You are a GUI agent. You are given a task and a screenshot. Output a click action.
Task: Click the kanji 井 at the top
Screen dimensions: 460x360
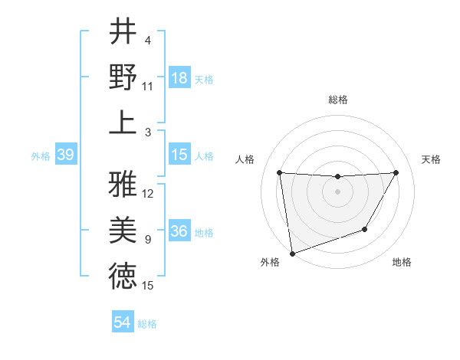[123, 32]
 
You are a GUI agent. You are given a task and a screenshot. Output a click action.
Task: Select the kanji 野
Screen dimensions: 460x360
[123, 77]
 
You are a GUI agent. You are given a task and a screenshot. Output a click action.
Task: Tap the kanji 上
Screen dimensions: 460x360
[123, 122]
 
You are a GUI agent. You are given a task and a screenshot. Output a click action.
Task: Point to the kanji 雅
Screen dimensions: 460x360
[123, 184]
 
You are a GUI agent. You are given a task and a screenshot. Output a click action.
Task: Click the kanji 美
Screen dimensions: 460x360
[123, 230]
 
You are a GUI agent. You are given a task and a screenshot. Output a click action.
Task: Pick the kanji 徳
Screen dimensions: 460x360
[123, 276]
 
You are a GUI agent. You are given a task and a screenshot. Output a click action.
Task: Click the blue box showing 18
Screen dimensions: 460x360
[179, 78]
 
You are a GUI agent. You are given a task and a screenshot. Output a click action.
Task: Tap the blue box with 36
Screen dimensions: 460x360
[179, 232]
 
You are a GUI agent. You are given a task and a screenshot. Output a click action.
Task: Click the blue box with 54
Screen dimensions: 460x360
[122, 322]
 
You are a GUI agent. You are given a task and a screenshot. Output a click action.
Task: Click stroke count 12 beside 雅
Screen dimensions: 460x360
[148, 194]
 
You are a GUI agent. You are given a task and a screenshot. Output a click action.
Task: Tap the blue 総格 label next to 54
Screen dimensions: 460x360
[147, 324]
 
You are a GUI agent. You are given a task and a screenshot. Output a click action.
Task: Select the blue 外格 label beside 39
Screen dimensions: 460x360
[41, 156]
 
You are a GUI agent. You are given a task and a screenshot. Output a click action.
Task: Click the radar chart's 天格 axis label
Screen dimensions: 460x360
[431, 159]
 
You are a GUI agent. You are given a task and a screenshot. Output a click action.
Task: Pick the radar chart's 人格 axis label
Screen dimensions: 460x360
[246, 159]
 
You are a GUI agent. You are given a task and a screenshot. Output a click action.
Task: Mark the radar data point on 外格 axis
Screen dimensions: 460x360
[292, 253]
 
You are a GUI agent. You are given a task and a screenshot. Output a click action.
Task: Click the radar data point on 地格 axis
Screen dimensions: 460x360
[365, 229]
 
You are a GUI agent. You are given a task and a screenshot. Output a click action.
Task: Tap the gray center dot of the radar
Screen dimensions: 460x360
[337, 191]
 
